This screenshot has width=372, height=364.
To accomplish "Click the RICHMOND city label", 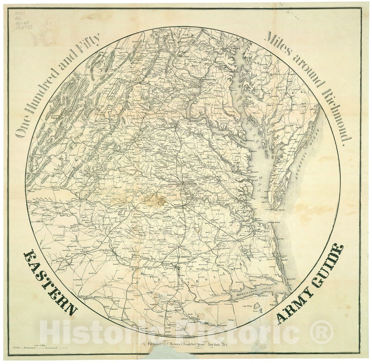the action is click(191, 184).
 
